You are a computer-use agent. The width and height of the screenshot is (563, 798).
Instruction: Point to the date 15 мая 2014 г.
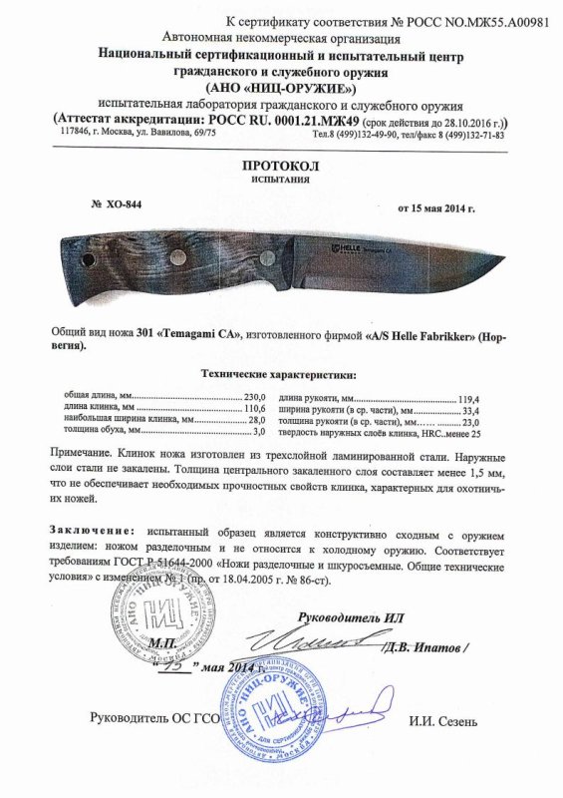pyautogui.click(x=436, y=208)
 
